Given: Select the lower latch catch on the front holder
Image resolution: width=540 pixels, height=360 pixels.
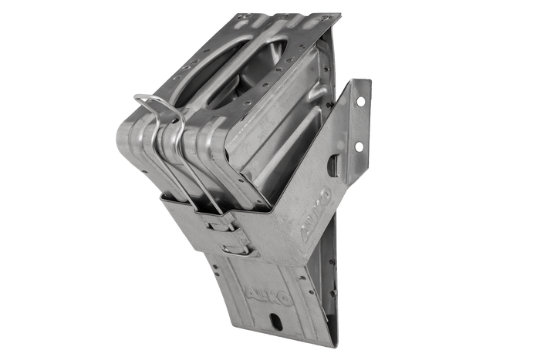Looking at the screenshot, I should click(x=235, y=248).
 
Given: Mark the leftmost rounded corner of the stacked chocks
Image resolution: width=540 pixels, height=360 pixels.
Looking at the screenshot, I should click(x=117, y=139).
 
